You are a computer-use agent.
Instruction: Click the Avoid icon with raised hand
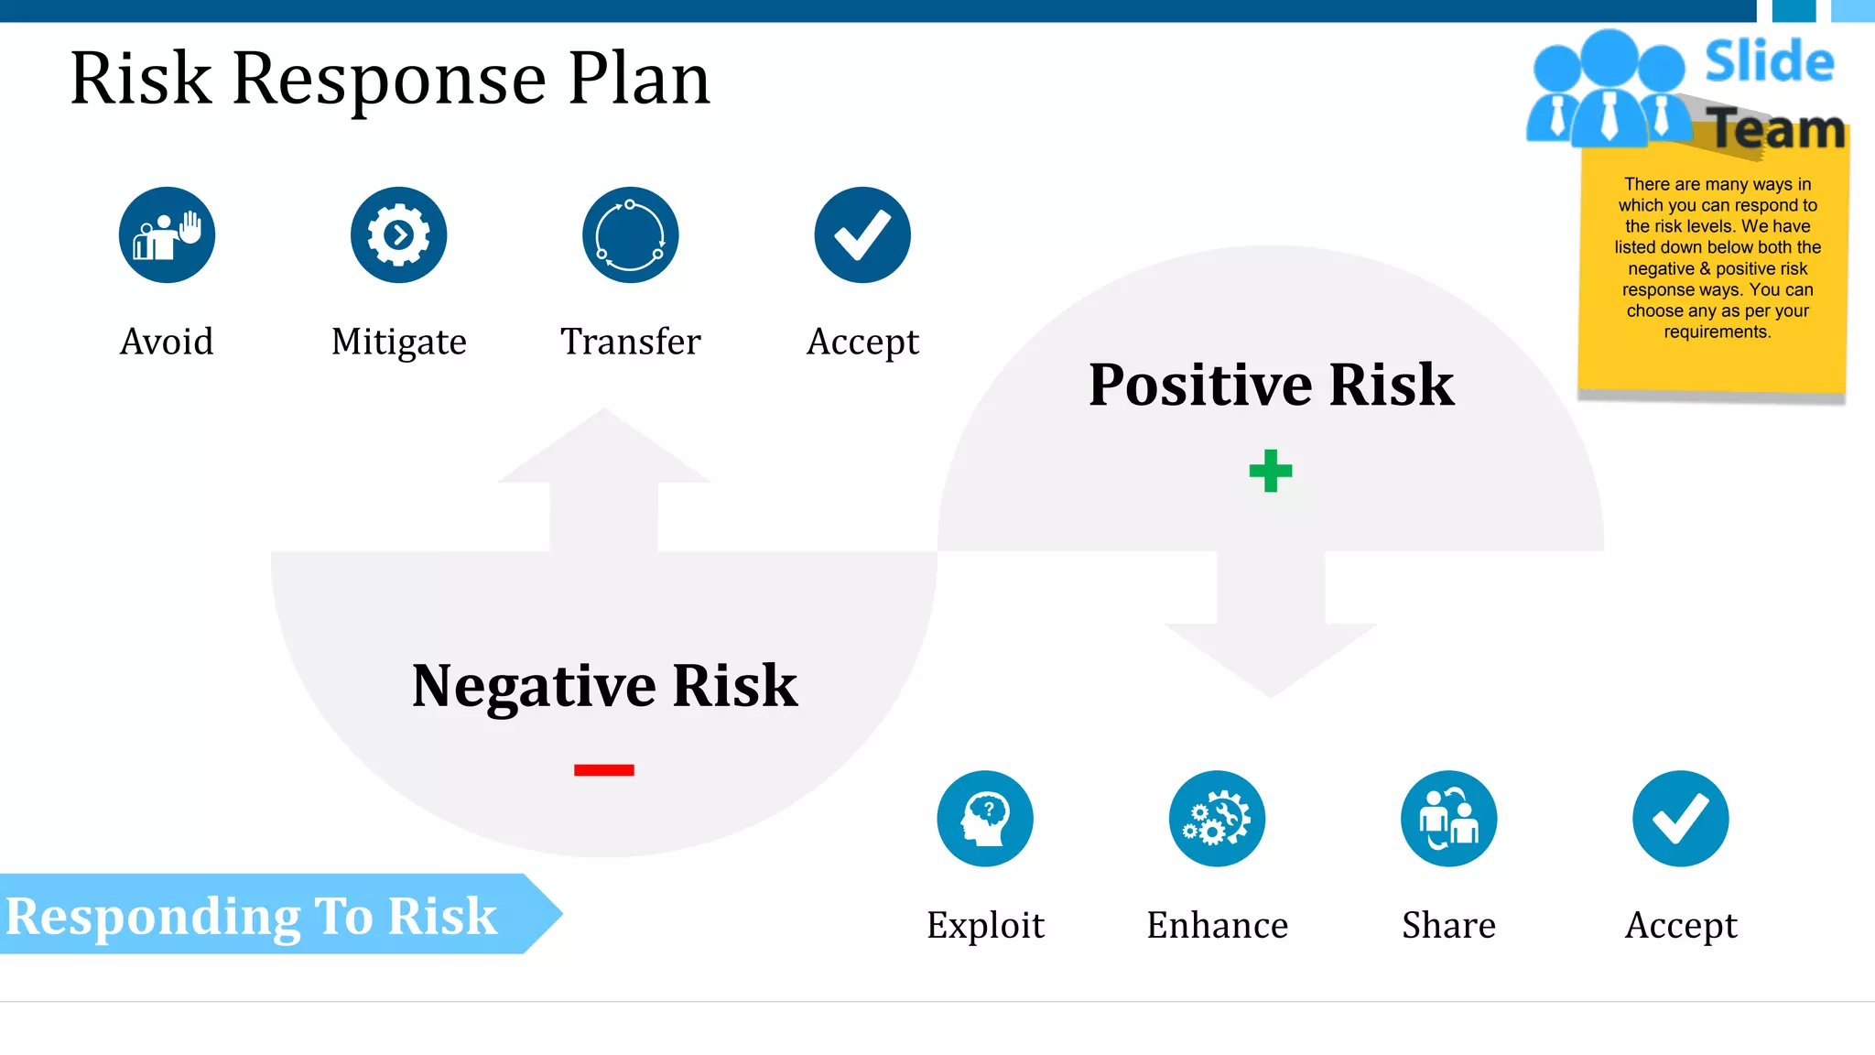coord(167,235)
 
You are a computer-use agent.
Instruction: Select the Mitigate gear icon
coord(398,235)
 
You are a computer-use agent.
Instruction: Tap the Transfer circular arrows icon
coord(630,235)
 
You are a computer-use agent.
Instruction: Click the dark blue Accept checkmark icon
coord(862,235)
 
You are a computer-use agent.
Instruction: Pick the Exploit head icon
coord(985,819)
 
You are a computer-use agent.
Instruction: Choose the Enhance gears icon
coord(1217,819)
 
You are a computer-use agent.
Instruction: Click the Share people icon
coord(1448,819)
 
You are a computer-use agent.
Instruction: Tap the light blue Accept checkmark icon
coord(1681,819)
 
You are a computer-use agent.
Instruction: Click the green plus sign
coord(1271,471)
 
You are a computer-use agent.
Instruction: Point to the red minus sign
coord(604,770)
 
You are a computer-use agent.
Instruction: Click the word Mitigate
coord(399,342)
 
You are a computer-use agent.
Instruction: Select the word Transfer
coord(631,342)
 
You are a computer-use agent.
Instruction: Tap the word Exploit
coord(985,925)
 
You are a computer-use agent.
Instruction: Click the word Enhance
coord(1217,925)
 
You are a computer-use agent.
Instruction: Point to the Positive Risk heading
coord(1271,384)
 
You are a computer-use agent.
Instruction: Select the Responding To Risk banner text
coord(252,916)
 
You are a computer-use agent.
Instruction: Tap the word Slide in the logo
coord(1769,62)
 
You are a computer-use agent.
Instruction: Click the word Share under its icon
coord(1448,925)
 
